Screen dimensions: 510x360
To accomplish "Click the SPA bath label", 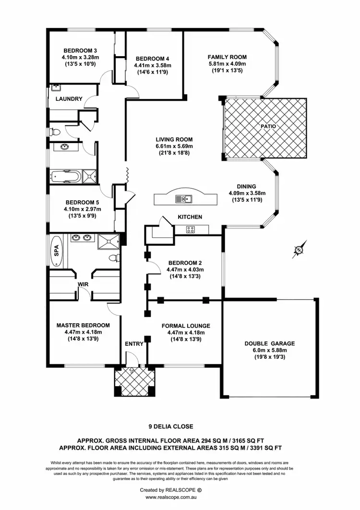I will point(56,250).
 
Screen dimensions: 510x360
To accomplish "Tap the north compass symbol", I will point(299,250).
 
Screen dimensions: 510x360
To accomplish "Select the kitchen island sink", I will point(183,199).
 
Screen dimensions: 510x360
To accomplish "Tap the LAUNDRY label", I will point(69,99).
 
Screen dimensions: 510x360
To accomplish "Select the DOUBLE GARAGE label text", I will point(269,343).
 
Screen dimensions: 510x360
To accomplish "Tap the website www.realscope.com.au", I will point(180,497).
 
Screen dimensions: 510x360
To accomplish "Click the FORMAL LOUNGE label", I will point(186,325).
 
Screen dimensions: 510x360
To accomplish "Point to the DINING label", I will point(246,186).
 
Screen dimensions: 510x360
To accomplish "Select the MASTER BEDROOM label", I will point(83,325).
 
